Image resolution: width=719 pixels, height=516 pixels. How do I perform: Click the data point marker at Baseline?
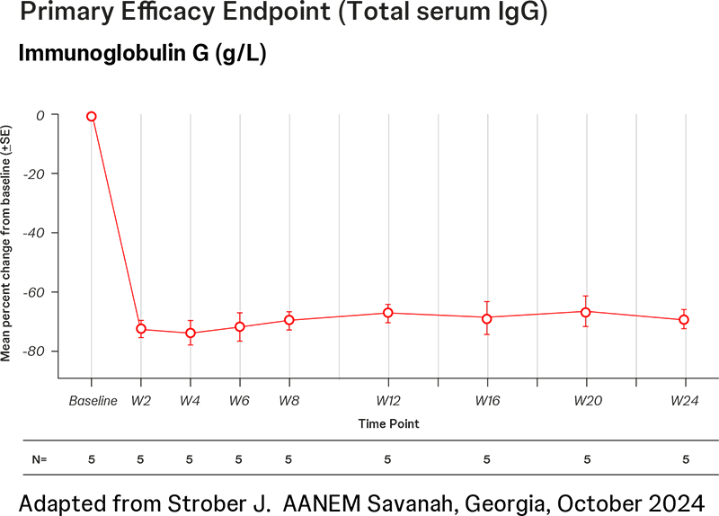coord(92,116)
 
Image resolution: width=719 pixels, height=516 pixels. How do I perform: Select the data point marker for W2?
coord(141,329)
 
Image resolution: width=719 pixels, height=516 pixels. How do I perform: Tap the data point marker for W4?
coord(191,333)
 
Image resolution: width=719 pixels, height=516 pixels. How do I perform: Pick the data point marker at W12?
coord(388,313)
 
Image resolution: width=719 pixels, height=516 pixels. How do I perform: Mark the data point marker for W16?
coord(487,318)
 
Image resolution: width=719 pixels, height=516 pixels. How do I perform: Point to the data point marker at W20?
coord(586,312)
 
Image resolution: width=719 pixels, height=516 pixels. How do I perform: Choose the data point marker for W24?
coord(684,319)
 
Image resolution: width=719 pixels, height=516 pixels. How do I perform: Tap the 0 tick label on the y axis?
coord(40,115)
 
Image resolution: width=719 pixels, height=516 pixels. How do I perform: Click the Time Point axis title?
coord(388,423)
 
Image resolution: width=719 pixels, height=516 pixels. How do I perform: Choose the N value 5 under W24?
coord(685,459)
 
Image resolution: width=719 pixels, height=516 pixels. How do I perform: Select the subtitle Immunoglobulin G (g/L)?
coord(142,53)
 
